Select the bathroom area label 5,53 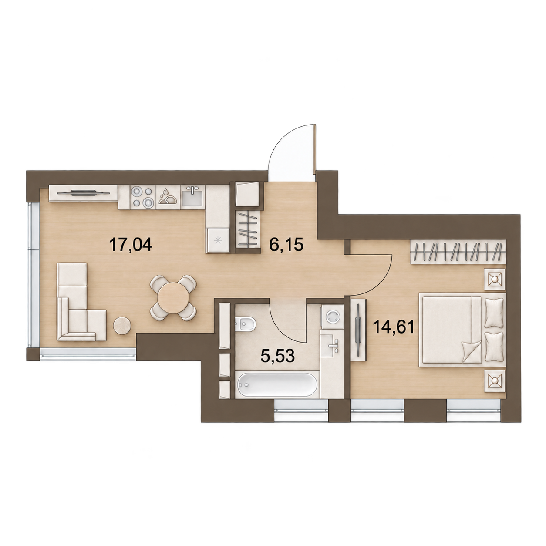click(x=278, y=356)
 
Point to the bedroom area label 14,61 click(x=394, y=327)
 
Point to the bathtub click(x=277, y=385)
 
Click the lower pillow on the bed click(x=494, y=347)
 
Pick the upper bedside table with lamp click(x=495, y=280)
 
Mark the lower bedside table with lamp click(x=495, y=381)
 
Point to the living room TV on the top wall click(x=83, y=193)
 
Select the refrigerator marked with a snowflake click(x=218, y=240)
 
